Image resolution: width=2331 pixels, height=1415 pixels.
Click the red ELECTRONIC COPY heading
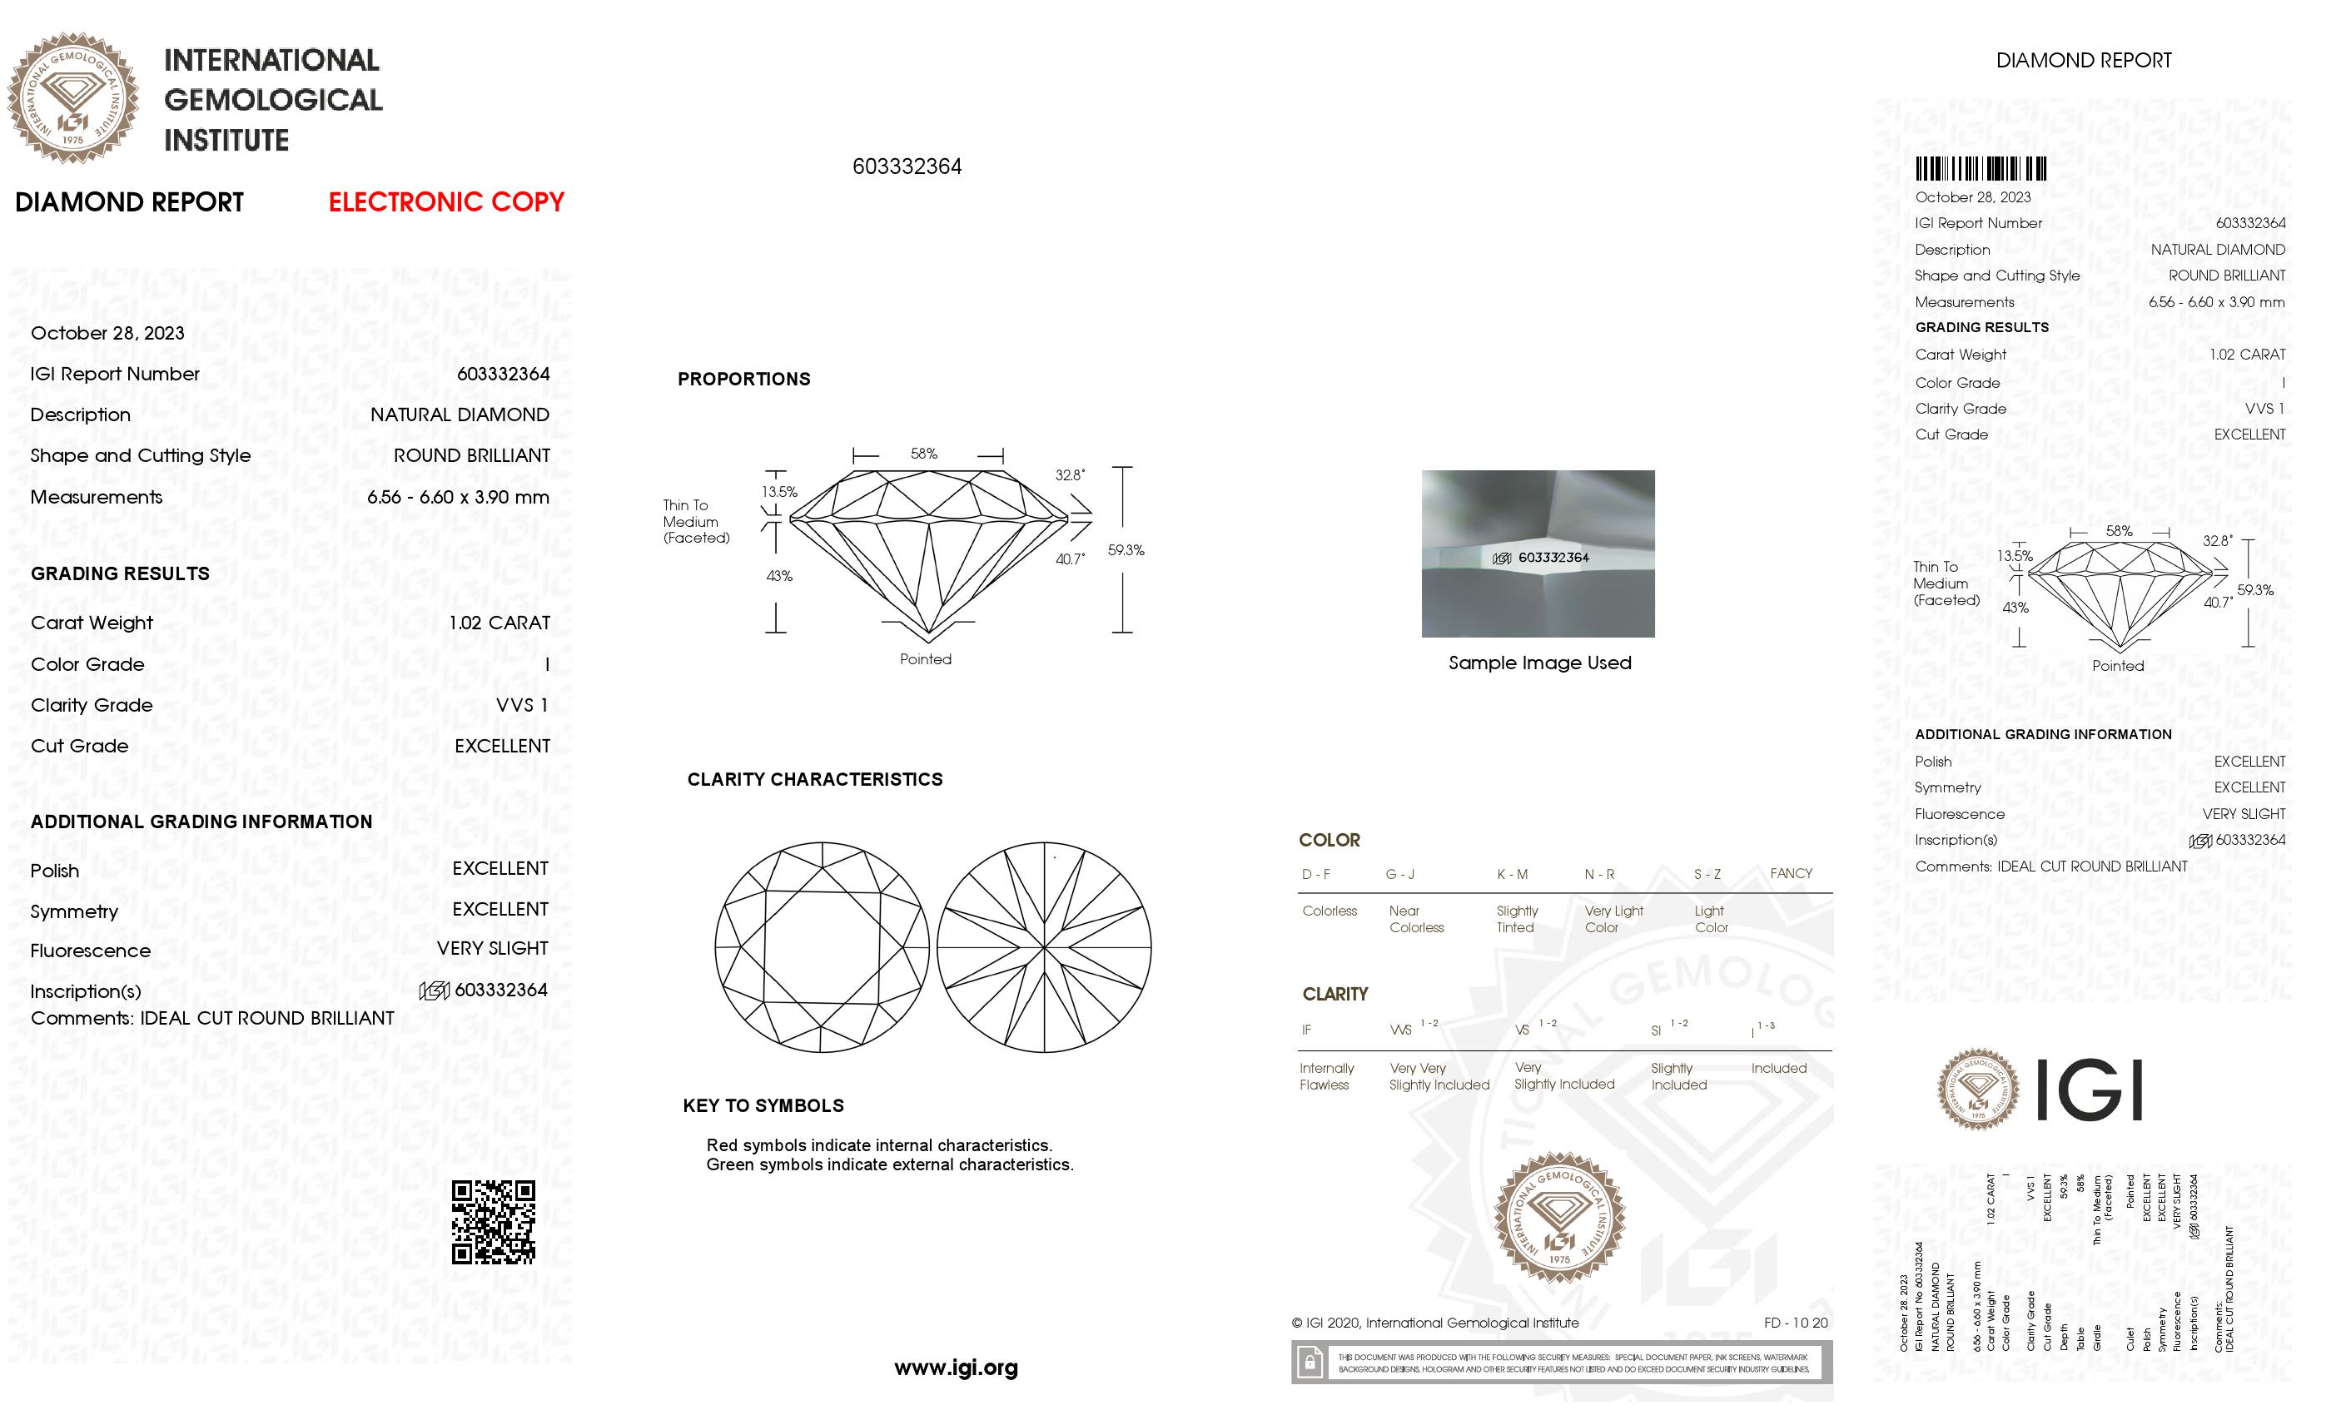445,202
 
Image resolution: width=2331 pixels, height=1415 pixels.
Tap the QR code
493,1221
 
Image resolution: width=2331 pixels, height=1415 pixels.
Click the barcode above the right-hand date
1980,169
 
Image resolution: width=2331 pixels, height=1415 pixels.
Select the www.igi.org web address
956,1367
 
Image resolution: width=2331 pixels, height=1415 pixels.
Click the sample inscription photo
1538,554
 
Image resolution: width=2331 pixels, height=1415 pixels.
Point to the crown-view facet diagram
821,947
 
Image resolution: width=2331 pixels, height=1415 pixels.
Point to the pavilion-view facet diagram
1043,947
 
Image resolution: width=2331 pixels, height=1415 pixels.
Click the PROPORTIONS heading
743,380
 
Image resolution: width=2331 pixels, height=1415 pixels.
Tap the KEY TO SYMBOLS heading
763,1105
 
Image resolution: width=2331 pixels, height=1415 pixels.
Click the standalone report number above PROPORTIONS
907,166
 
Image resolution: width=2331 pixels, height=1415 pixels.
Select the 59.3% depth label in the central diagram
1126,549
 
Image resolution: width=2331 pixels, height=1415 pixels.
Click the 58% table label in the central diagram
923,454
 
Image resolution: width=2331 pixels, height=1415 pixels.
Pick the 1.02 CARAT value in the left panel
499,623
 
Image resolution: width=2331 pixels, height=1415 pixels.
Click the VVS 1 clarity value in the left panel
521,706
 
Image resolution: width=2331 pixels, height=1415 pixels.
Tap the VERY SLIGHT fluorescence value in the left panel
492,949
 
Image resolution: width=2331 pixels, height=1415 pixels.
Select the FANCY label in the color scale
1790,873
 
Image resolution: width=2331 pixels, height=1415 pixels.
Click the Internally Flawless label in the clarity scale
1325,1076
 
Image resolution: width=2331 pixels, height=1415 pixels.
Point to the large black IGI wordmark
2088,1090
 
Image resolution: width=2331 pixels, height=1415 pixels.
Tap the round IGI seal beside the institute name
73,97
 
